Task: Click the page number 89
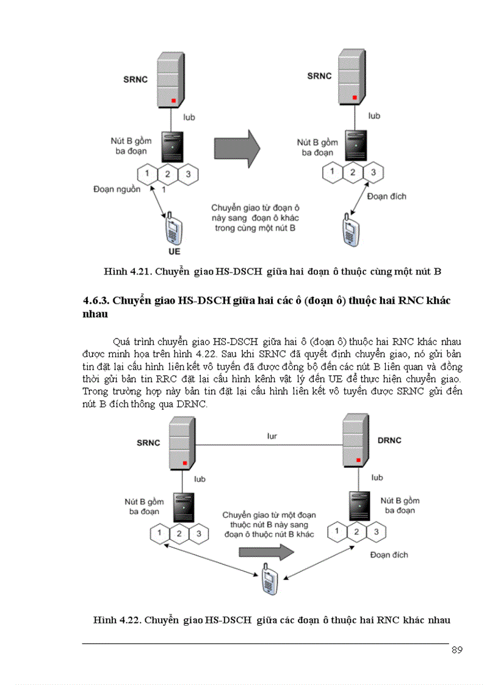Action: (457, 649)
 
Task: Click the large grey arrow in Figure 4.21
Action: (237, 147)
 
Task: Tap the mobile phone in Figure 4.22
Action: (267, 578)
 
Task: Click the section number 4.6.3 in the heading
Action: (96, 302)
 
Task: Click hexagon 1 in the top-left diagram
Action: (147, 174)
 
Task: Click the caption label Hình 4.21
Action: (127, 271)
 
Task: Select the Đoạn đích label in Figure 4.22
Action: (389, 555)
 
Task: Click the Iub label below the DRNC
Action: (377, 478)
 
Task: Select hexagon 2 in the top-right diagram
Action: (352, 172)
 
